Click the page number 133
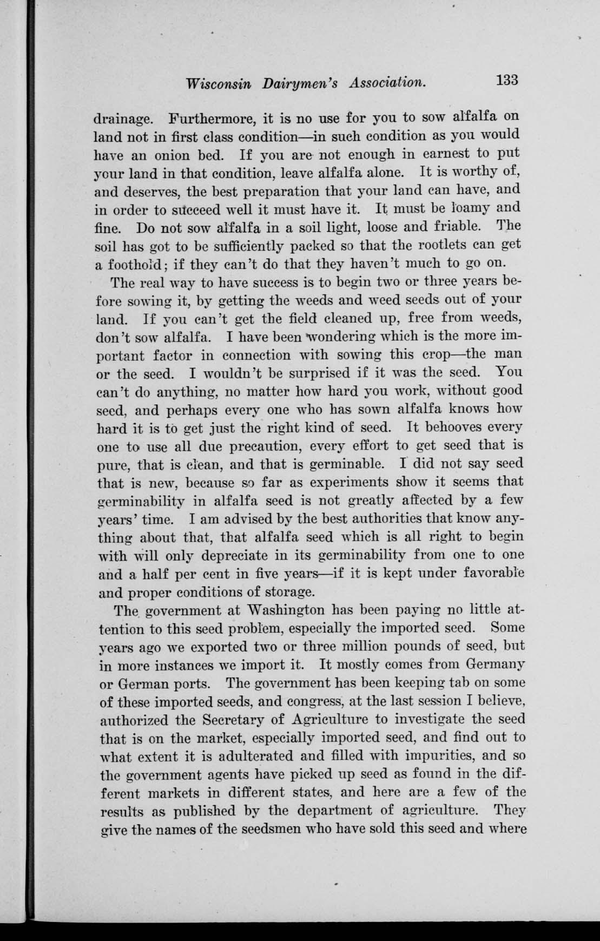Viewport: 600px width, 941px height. coord(507,80)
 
